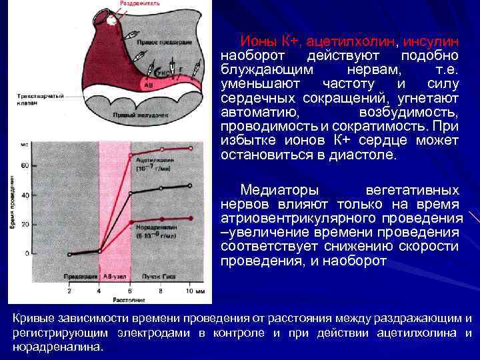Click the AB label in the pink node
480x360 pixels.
(x=149, y=85)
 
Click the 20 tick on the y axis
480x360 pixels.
(x=45, y=224)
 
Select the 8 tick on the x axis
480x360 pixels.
(x=161, y=291)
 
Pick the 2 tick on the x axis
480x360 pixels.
(x=69, y=291)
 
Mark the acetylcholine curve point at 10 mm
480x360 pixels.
(x=191, y=148)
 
